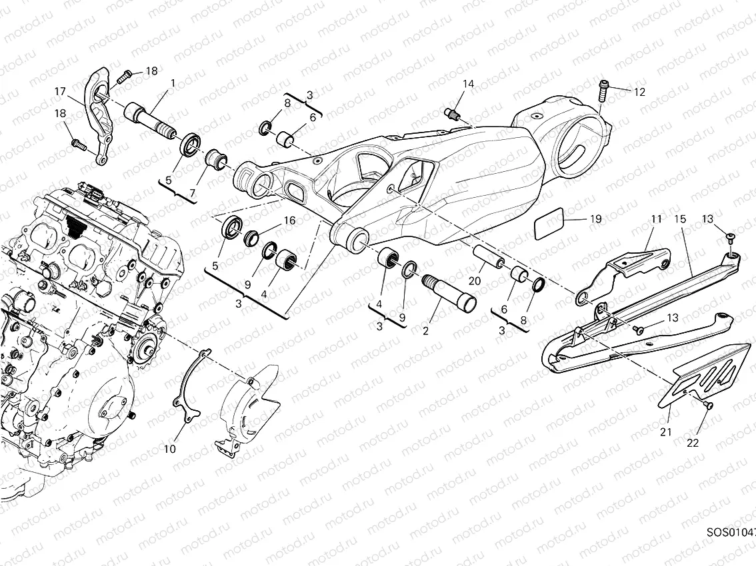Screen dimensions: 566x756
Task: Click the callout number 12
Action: pyautogui.click(x=639, y=93)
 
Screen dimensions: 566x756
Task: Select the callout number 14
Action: pyautogui.click(x=469, y=84)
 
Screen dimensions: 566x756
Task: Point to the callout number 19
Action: pyautogui.click(x=595, y=218)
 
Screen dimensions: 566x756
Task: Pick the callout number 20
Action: pyautogui.click(x=474, y=281)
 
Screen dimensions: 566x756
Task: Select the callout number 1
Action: pyautogui.click(x=173, y=83)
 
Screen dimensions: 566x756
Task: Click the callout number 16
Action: pyautogui.click(x=289, y=220)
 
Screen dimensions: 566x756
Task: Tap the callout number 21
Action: pyautogui.click(x=666, y=432)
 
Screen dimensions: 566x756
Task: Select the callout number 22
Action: pyautogui.click(x=693, y=443)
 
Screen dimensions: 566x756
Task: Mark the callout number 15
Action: pyautogui.click(x=680, y=218)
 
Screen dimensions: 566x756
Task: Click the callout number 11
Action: pyautogui.click(x=656, y=218)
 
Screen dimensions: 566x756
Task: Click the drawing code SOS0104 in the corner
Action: pyautogui.click(x=731, y=533)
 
